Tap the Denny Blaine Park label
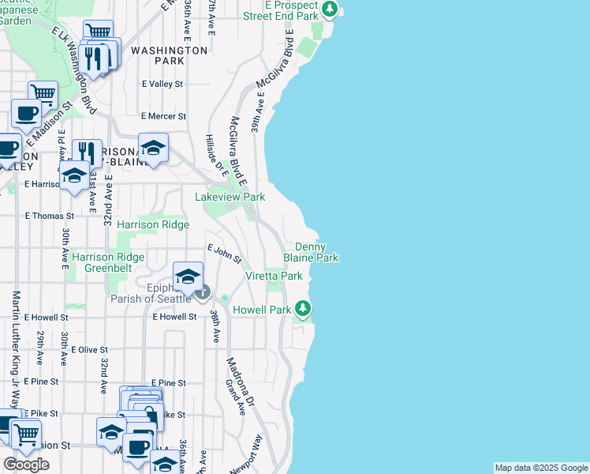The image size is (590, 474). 316,253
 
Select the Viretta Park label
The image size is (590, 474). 274,276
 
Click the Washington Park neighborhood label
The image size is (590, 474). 169,55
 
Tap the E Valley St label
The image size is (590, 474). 162,84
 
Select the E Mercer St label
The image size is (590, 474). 162,116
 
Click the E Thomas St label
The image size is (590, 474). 49,215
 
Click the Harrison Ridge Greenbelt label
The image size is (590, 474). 108,262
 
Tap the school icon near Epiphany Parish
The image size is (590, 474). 188,276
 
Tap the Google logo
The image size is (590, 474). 27,465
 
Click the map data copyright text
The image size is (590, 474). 541,468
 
